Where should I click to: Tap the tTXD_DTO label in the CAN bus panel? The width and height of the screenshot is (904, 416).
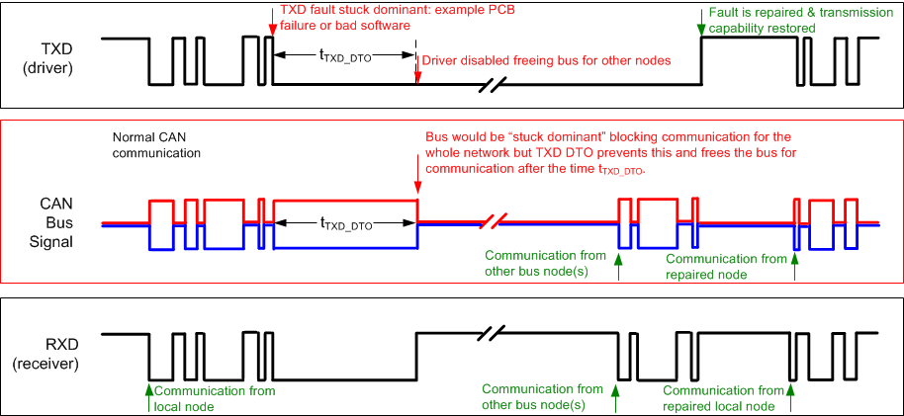344,224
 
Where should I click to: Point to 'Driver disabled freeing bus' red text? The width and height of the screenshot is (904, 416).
546,61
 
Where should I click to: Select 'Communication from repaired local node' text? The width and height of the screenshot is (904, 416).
719,398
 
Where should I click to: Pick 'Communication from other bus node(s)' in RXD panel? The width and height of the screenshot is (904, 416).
541,396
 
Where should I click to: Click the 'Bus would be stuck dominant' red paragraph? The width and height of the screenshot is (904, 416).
608,153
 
